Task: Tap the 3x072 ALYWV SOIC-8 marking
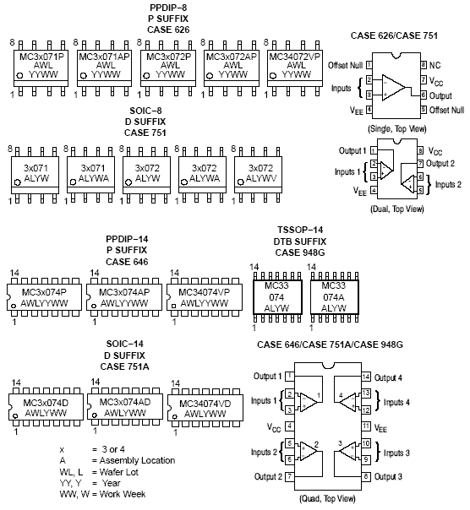click(x=261, y=173)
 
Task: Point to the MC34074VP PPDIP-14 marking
click(x=205, y=297)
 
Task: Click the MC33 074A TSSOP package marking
click(x=334, y=296)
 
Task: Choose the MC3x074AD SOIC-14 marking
click(x=125, y=407)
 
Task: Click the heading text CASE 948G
click(x=300, y=252)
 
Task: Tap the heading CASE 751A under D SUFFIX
click(x=125, y=366)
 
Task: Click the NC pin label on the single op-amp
click(x=434, y=65)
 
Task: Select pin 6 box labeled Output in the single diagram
click(x=424, y=95)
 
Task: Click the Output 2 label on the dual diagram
click(x=440, y=163)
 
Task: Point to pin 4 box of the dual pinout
click(x=374, y=190)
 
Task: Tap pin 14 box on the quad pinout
click(x=366, y=377)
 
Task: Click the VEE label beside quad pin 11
click(x=380, y=428)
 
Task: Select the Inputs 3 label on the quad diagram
click(x=396, y=453)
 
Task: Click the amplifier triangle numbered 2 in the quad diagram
click(x=308, y=451)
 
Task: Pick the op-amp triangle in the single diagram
click(x=393, y=88)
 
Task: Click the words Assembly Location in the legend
click(x=137, y=460)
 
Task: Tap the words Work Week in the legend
click(x=123, y=494)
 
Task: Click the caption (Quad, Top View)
click(x=327, y=499)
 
